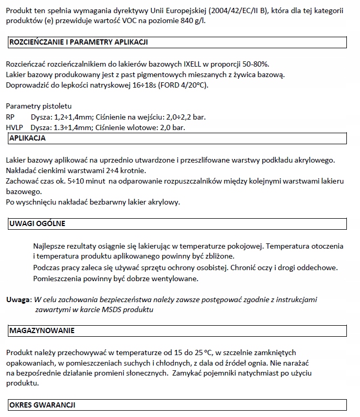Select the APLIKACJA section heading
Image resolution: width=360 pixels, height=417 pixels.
pyautogui.click(x=28, y=138)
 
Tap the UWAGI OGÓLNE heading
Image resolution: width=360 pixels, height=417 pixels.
pyautogui.click(x=37, y=224)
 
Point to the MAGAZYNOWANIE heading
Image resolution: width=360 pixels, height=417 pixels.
pyautogui.click(x=42, y=330)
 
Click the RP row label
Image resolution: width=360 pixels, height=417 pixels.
pyautogui.click(x=10, y=117)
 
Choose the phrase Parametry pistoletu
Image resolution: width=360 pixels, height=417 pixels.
pyautogui.click(x=35, y=106)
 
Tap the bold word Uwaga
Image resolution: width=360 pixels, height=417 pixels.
pyautogui.click(x=18, y=300)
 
